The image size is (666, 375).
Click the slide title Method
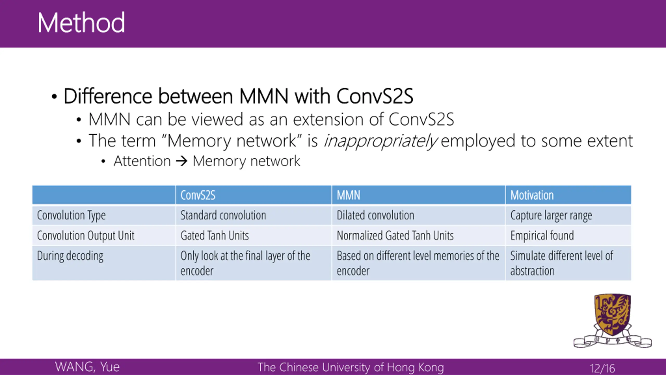coord(81,23)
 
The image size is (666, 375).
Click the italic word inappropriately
coord(380,141)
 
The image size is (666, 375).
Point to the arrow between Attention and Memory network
coord(182,161)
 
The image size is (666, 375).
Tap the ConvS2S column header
coord(198,195)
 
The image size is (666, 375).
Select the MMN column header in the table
coord(348,195)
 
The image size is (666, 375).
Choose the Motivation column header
coord(532,195)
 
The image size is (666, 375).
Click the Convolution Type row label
coord(71,215)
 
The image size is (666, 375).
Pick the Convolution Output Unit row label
coord(86,235)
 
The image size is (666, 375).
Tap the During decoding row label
coord(70,256)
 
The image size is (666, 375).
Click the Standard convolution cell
coord(223,215)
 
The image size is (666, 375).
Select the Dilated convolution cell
coord(375,215)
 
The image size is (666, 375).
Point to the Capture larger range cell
coord(551,215)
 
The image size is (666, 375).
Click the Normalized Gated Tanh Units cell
coord(395,235)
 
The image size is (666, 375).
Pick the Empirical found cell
coord(542,235)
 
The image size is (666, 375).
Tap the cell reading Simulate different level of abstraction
coord(561,263)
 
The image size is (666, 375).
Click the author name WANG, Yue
coord(87,367)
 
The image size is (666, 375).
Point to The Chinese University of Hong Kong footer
coord(350,367)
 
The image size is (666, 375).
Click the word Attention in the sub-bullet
coord(142,161)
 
